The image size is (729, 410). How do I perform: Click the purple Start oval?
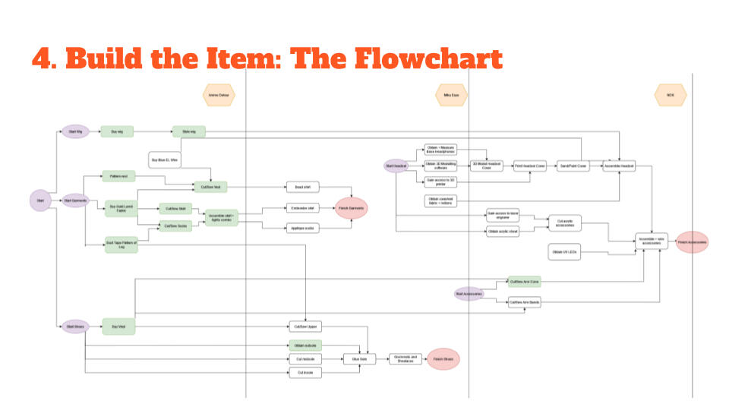pos(40,200)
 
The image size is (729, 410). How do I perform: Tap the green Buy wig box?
pos(117,131)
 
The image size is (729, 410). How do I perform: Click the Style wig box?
pos(188,131)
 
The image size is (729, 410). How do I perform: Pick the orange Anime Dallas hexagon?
pos(219,96)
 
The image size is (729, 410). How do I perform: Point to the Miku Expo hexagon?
pos(451,96)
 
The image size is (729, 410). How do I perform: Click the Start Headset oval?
pos(396,166)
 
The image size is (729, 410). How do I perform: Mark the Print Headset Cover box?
pos(530,166)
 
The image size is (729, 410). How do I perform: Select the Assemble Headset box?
pos(619,166)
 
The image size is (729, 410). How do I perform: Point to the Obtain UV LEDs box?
pos(563,252)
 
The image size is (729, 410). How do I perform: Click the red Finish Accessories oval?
pos(692,242)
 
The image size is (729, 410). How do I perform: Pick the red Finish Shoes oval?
pos(443,359)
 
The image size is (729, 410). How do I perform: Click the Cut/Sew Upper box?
pos(305,326)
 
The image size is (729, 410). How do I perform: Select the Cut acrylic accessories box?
pos(564,223)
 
